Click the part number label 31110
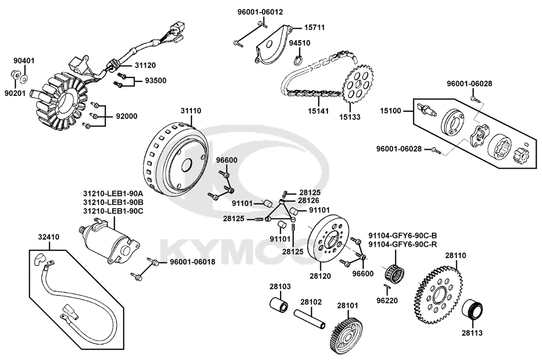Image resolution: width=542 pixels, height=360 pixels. (x=191, y=111)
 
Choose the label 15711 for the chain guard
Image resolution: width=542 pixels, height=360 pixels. (x=314, y=28)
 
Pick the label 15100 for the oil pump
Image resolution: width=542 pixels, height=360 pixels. (x=390, y=111)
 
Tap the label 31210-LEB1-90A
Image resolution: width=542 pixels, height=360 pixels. (x=113, y=193)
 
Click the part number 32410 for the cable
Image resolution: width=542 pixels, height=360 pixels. (x=49, y=237)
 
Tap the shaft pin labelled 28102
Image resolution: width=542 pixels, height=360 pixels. (x=310, y=319)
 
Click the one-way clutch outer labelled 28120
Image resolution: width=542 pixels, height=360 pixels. (x=328, y=241)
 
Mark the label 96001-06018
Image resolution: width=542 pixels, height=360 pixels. (x=192, y=262)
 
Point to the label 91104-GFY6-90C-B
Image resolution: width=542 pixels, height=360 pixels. (x=403, y=235)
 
